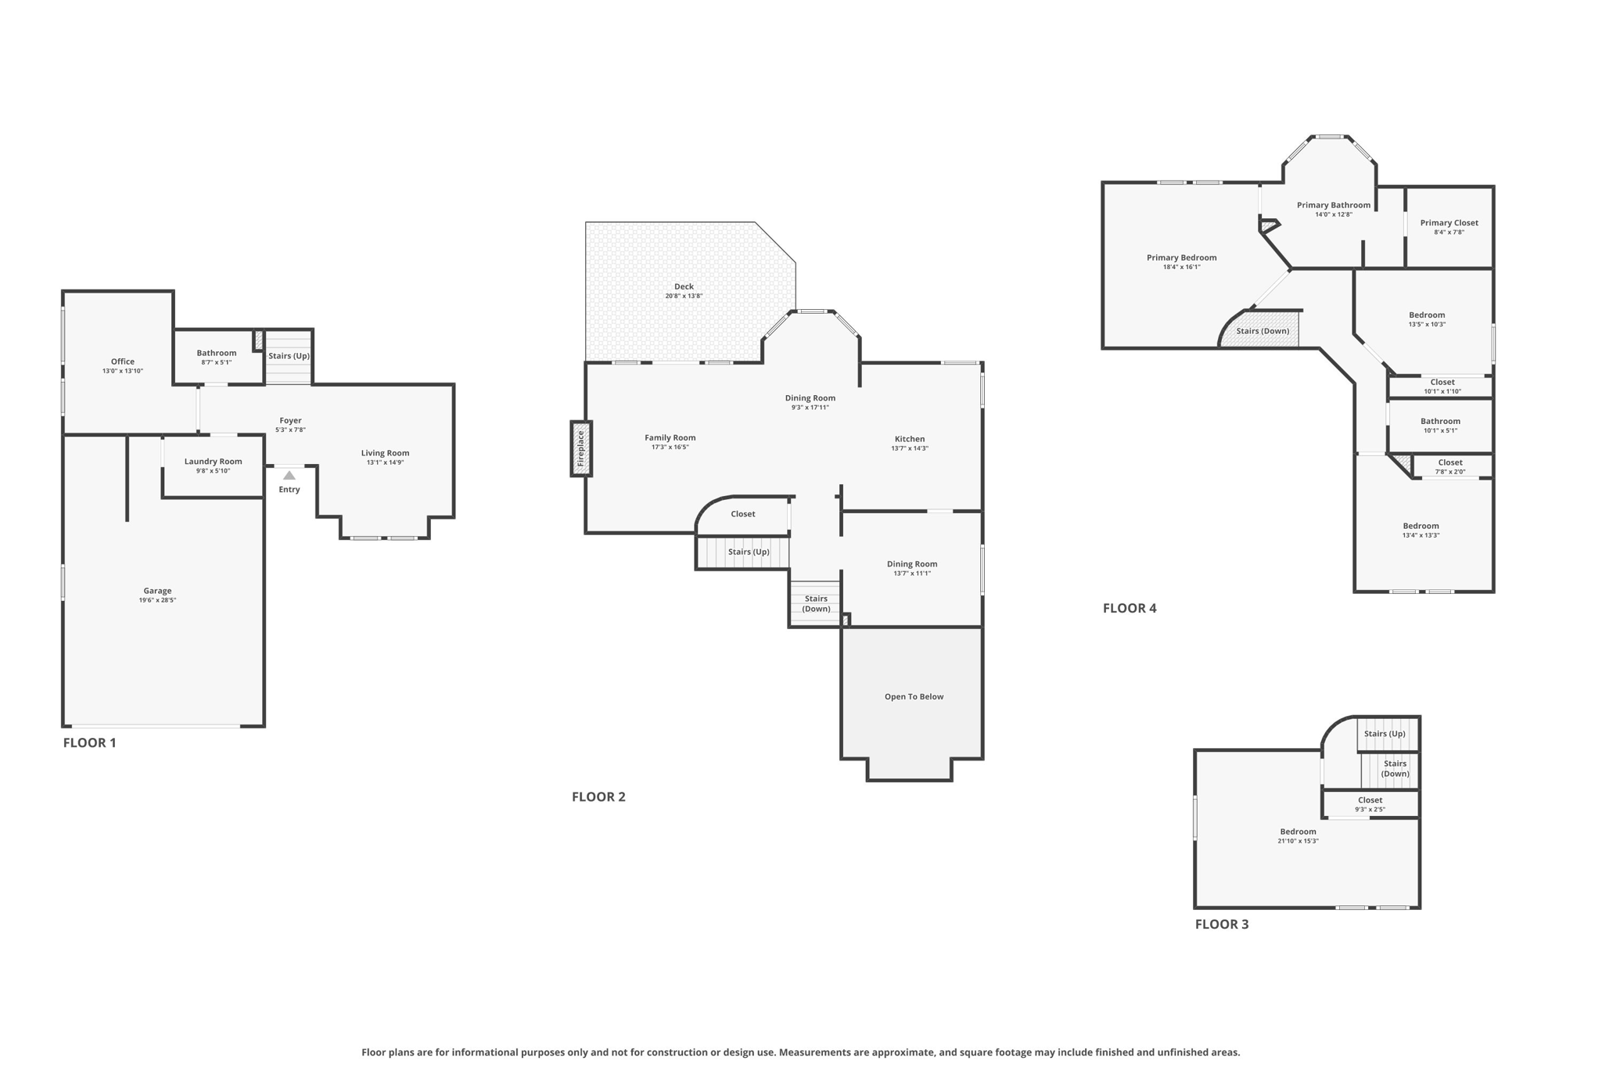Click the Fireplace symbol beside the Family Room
[x=580, y=448]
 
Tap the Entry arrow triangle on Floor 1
[x=289, y=476]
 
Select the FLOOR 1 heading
[x=89, y=743]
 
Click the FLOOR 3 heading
[x=1221, y=924]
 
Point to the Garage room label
[x=157, y=591]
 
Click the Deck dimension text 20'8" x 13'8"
[x=684, y=297]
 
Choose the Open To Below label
[x=914, y=696]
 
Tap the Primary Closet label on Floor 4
[x=1449, y=223]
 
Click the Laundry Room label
[x=213, y=462]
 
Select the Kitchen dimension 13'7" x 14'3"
[x=910, y=448]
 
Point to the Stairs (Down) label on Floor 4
[x=1263, y=331]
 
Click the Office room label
[x=123, y=361]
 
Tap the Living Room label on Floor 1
[x=385, y=453]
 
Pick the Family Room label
[x=670, y=438]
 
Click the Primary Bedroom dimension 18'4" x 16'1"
[x=1181, y=268]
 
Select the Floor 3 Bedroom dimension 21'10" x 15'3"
[x=1298, y=841]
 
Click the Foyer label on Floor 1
[x=290, y=420]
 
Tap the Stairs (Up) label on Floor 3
[x=1385, y=734]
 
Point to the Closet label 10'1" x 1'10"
[x=1442, y=383]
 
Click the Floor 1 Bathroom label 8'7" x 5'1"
[x=216, y=354]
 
